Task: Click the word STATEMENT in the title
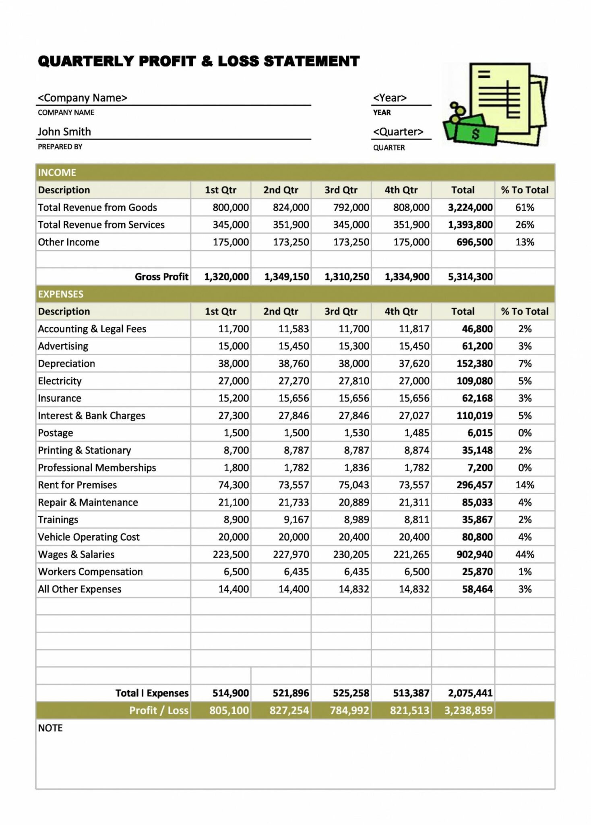pos(312,61)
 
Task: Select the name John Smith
pos(64,132)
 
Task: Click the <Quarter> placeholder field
pos(398,132)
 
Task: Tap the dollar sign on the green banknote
pos(475,134)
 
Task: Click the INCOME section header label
pos(57,172)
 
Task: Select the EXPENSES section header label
pos(60,294)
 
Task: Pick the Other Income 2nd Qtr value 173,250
pos(291,242)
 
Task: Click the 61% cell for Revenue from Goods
pos(525,207)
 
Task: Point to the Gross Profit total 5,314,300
pos(470,277)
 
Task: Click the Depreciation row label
pos(66,363)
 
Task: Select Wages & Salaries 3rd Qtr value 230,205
pos(351,554)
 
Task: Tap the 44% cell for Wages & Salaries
pos(525,554)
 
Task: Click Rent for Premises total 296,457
pos(474,485)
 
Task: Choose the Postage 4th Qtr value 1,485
pos(417,433)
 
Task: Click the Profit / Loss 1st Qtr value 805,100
pos(229,710)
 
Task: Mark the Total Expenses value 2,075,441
pos(470,693)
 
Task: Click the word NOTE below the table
pos(50,728)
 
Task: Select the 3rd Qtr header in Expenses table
pos(341,311)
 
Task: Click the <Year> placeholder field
pos(390,98)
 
